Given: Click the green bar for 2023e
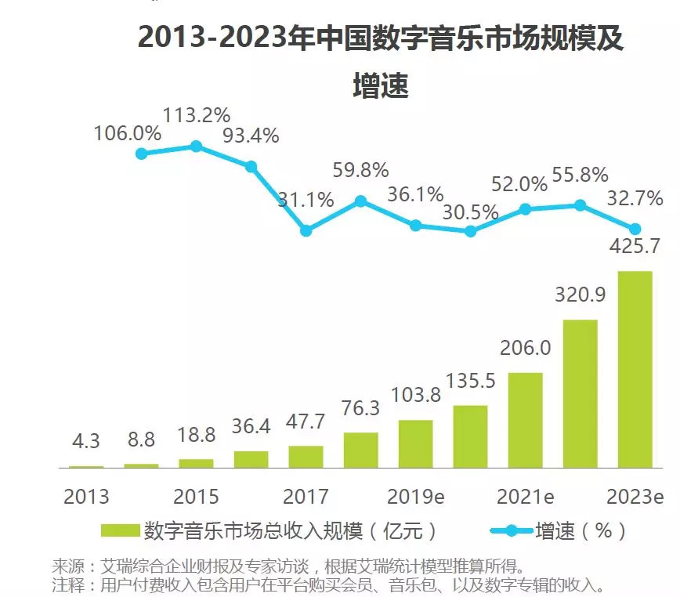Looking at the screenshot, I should (x=635, y=369).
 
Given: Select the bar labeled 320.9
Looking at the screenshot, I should (x=580, y=393).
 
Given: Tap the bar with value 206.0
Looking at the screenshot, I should (x=525, y=420).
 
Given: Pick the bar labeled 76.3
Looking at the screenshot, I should (x=360, y=450).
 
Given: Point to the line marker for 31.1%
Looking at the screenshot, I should (x=306, y=230).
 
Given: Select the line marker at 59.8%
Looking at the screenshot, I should (x=360, y=201).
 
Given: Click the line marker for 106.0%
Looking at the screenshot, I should (x=141, y=154).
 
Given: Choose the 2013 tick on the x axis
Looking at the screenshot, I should (x=86, y=497).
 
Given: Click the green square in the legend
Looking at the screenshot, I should (x=120, y=531).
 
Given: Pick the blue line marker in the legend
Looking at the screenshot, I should (x=511, y=531).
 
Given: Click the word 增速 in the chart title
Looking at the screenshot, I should (x=381, y=85).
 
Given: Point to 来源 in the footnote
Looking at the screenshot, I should (x=67, y=566).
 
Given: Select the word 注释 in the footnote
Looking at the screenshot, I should (x=67, y=584).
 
